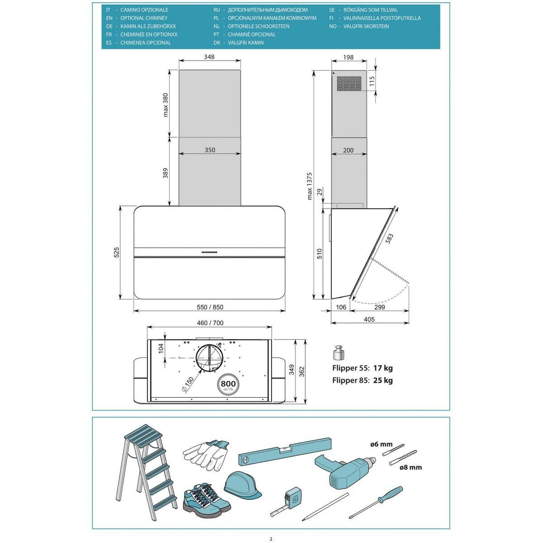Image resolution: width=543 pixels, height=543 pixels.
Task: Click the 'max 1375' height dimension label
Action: pyautogui.click(x=310, y=186)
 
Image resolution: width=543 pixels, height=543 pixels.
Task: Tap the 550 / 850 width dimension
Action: pyautogui.click(x=210, y=307)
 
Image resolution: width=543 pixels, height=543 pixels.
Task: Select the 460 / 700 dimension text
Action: pyautogui.click(x=210, y=323)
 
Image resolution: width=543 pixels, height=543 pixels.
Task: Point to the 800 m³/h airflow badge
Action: pyautogui.click(x=228, y=385)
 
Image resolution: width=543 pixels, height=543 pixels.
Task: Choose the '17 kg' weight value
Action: pyautogui.click(x=383, y=368)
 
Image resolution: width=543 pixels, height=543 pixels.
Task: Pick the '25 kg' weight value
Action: pyautogui.click(x=383, y=381)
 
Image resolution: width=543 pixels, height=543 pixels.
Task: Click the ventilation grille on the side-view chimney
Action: pyautogui.click(x=349, y=83)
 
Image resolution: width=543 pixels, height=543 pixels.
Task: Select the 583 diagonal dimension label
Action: pyautogui.click(x=389, y=238)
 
